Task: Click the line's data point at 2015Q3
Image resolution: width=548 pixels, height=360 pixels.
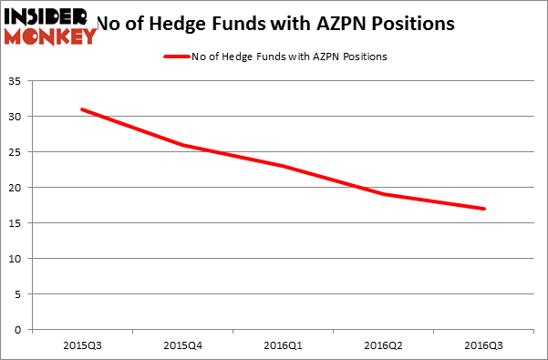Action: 82,109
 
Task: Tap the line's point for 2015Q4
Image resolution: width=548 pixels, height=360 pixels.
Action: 182,145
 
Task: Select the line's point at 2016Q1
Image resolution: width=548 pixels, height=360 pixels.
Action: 284,166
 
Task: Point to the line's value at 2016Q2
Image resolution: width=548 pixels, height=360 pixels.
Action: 384,194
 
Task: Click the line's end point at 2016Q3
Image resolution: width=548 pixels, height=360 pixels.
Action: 484,209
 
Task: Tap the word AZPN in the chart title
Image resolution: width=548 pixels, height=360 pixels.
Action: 357,23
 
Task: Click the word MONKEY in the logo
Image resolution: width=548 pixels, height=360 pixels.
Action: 50,36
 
